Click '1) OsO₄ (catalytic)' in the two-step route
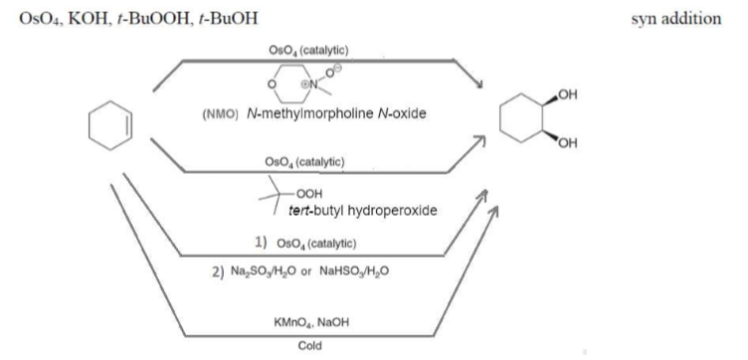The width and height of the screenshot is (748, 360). (x=307, y=243)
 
